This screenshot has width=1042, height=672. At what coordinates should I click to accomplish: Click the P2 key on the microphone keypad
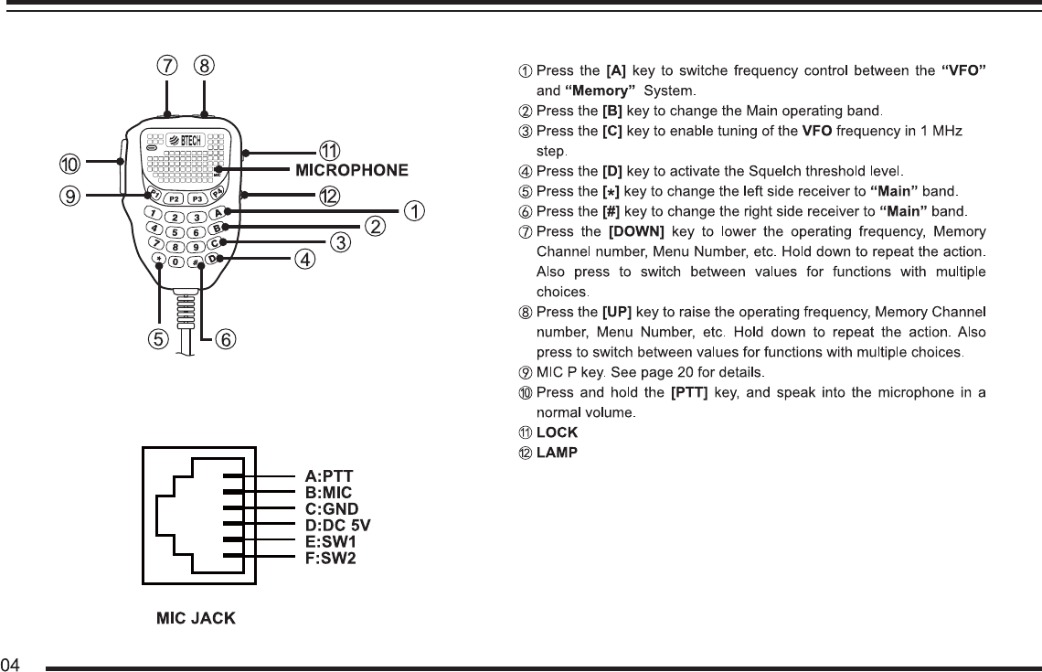(174, 199)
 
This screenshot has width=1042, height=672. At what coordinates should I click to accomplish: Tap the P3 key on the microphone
(197, 199)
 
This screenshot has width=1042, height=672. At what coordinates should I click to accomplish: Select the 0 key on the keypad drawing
(175, 262)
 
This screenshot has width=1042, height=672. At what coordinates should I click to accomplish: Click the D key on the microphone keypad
(212, 259)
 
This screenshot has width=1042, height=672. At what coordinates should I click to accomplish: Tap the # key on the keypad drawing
(197, 263)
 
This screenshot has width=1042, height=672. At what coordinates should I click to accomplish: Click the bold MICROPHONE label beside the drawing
(351, 169)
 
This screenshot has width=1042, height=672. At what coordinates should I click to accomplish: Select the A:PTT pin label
(329, 475)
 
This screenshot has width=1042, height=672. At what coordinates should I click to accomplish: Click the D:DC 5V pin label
(337, 525)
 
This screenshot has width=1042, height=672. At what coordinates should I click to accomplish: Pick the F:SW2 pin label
(330, 558)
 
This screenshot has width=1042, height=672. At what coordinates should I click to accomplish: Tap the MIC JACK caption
(196, 619)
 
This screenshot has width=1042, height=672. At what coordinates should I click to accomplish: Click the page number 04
(11, 663)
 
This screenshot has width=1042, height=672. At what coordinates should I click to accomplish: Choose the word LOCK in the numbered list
(557, 432)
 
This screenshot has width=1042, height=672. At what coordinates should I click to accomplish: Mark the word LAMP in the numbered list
(557, 453)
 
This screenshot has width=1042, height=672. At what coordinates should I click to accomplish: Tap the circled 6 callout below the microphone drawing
(226, 339)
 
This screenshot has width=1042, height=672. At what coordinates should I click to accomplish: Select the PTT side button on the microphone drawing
(122, 165)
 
